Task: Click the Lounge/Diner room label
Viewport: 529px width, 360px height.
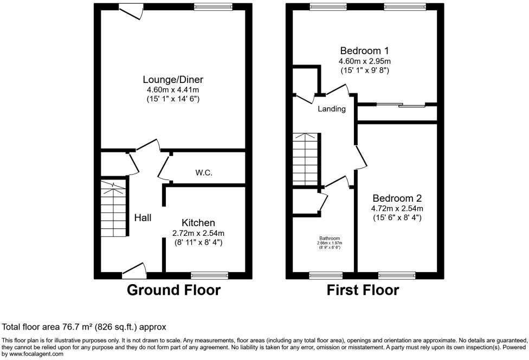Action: (x=173, y=80)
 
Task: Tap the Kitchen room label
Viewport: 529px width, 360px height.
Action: (x=198, y=223)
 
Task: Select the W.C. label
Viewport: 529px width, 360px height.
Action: (x=204, y=173)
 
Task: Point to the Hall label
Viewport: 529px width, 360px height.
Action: (x=143, y=217)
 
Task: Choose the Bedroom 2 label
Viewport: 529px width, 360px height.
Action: (x=397, y=198)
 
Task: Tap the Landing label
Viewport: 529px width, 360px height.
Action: (x=332, y=109)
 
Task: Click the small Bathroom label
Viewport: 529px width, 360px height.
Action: (x=330, y=238)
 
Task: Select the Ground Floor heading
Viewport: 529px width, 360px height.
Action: (x=173, y=290)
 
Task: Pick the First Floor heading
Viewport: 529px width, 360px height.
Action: (x=363, y=290)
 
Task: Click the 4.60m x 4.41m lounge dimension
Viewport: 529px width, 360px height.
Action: (x=173, y=89)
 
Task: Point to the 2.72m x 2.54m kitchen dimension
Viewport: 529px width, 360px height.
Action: (x=198, y=233)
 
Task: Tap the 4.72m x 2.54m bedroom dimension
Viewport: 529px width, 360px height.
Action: (x=397, y=208)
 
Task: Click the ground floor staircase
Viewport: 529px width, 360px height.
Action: (x=114, y=209)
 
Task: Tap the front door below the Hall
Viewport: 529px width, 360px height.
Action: (x=134, y=269)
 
